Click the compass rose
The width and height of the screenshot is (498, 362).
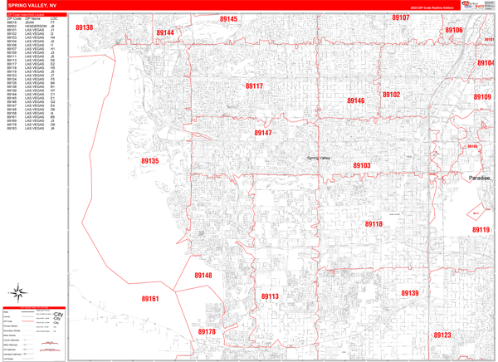pyautogui.click(x=17, y=292)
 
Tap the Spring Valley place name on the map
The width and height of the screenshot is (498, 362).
pyautogui.click(x=319, y=158)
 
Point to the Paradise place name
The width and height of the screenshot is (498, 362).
pyautogui.click(x=479, y=179)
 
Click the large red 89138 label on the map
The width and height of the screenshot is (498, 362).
pyautogui.click(x=85, y=28)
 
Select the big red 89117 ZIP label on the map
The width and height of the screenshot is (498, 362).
pyautogui.click(x=254, y=86)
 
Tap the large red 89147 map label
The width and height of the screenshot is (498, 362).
pyautogui.click(x=263, y=133)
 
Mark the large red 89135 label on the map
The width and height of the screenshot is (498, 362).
pyautogui.click(x=149, y=161)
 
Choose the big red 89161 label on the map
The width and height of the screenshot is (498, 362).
pyautogui.click(x=149, y=299)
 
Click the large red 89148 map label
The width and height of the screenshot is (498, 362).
pyautogui.click(x=203, y=276)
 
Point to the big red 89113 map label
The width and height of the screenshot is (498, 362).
pyautogui.click(x=270, y=296)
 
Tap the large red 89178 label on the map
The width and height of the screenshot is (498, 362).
pyautogui.click(x=207, y=332)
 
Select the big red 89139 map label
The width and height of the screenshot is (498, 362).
pyautogui.click(x=410, y=293)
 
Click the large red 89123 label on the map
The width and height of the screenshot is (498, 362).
pyautogui.click(x=442, y=335)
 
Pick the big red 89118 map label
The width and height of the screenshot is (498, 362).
pyautogui.click(x=373, y=224)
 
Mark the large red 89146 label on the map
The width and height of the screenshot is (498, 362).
pyautogui.click(x=355, y=101)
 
